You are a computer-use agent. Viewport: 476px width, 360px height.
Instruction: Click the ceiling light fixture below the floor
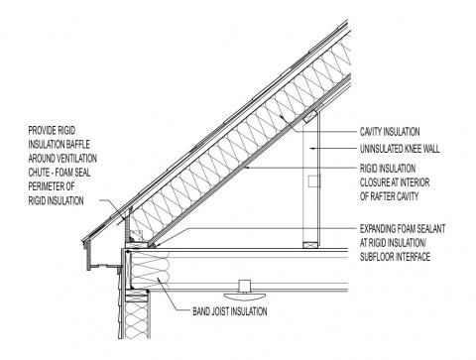pos(241,290)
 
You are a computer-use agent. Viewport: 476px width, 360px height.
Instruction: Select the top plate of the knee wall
pos(310,117)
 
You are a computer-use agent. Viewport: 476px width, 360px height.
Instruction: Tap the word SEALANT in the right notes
pos(414,227)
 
